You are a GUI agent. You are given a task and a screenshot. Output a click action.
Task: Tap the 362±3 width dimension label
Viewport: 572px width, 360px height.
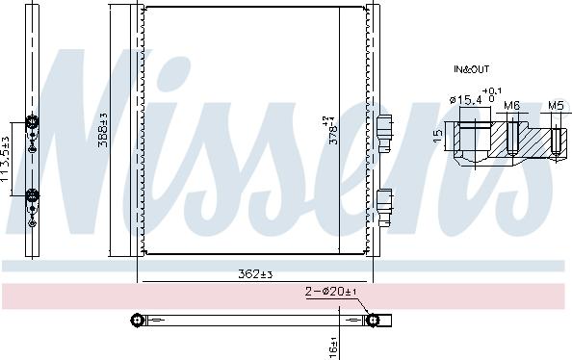tap(255, 274)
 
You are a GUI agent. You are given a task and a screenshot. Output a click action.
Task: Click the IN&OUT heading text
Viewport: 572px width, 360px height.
tap(471, 70)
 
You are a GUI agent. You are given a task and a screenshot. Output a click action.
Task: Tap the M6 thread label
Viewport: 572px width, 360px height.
tap(512, 104)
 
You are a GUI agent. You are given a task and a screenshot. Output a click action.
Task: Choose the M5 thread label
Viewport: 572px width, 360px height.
tap(556, 104)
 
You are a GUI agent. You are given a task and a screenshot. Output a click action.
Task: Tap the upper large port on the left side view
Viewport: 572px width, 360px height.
tap(32, 122)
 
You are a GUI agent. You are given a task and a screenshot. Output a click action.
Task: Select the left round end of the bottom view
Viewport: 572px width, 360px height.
tap(139, 319)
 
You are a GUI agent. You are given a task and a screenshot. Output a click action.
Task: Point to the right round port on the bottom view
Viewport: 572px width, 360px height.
tap(373, 319)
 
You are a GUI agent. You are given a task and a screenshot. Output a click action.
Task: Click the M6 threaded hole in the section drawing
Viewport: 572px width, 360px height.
tap(513, 134)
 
